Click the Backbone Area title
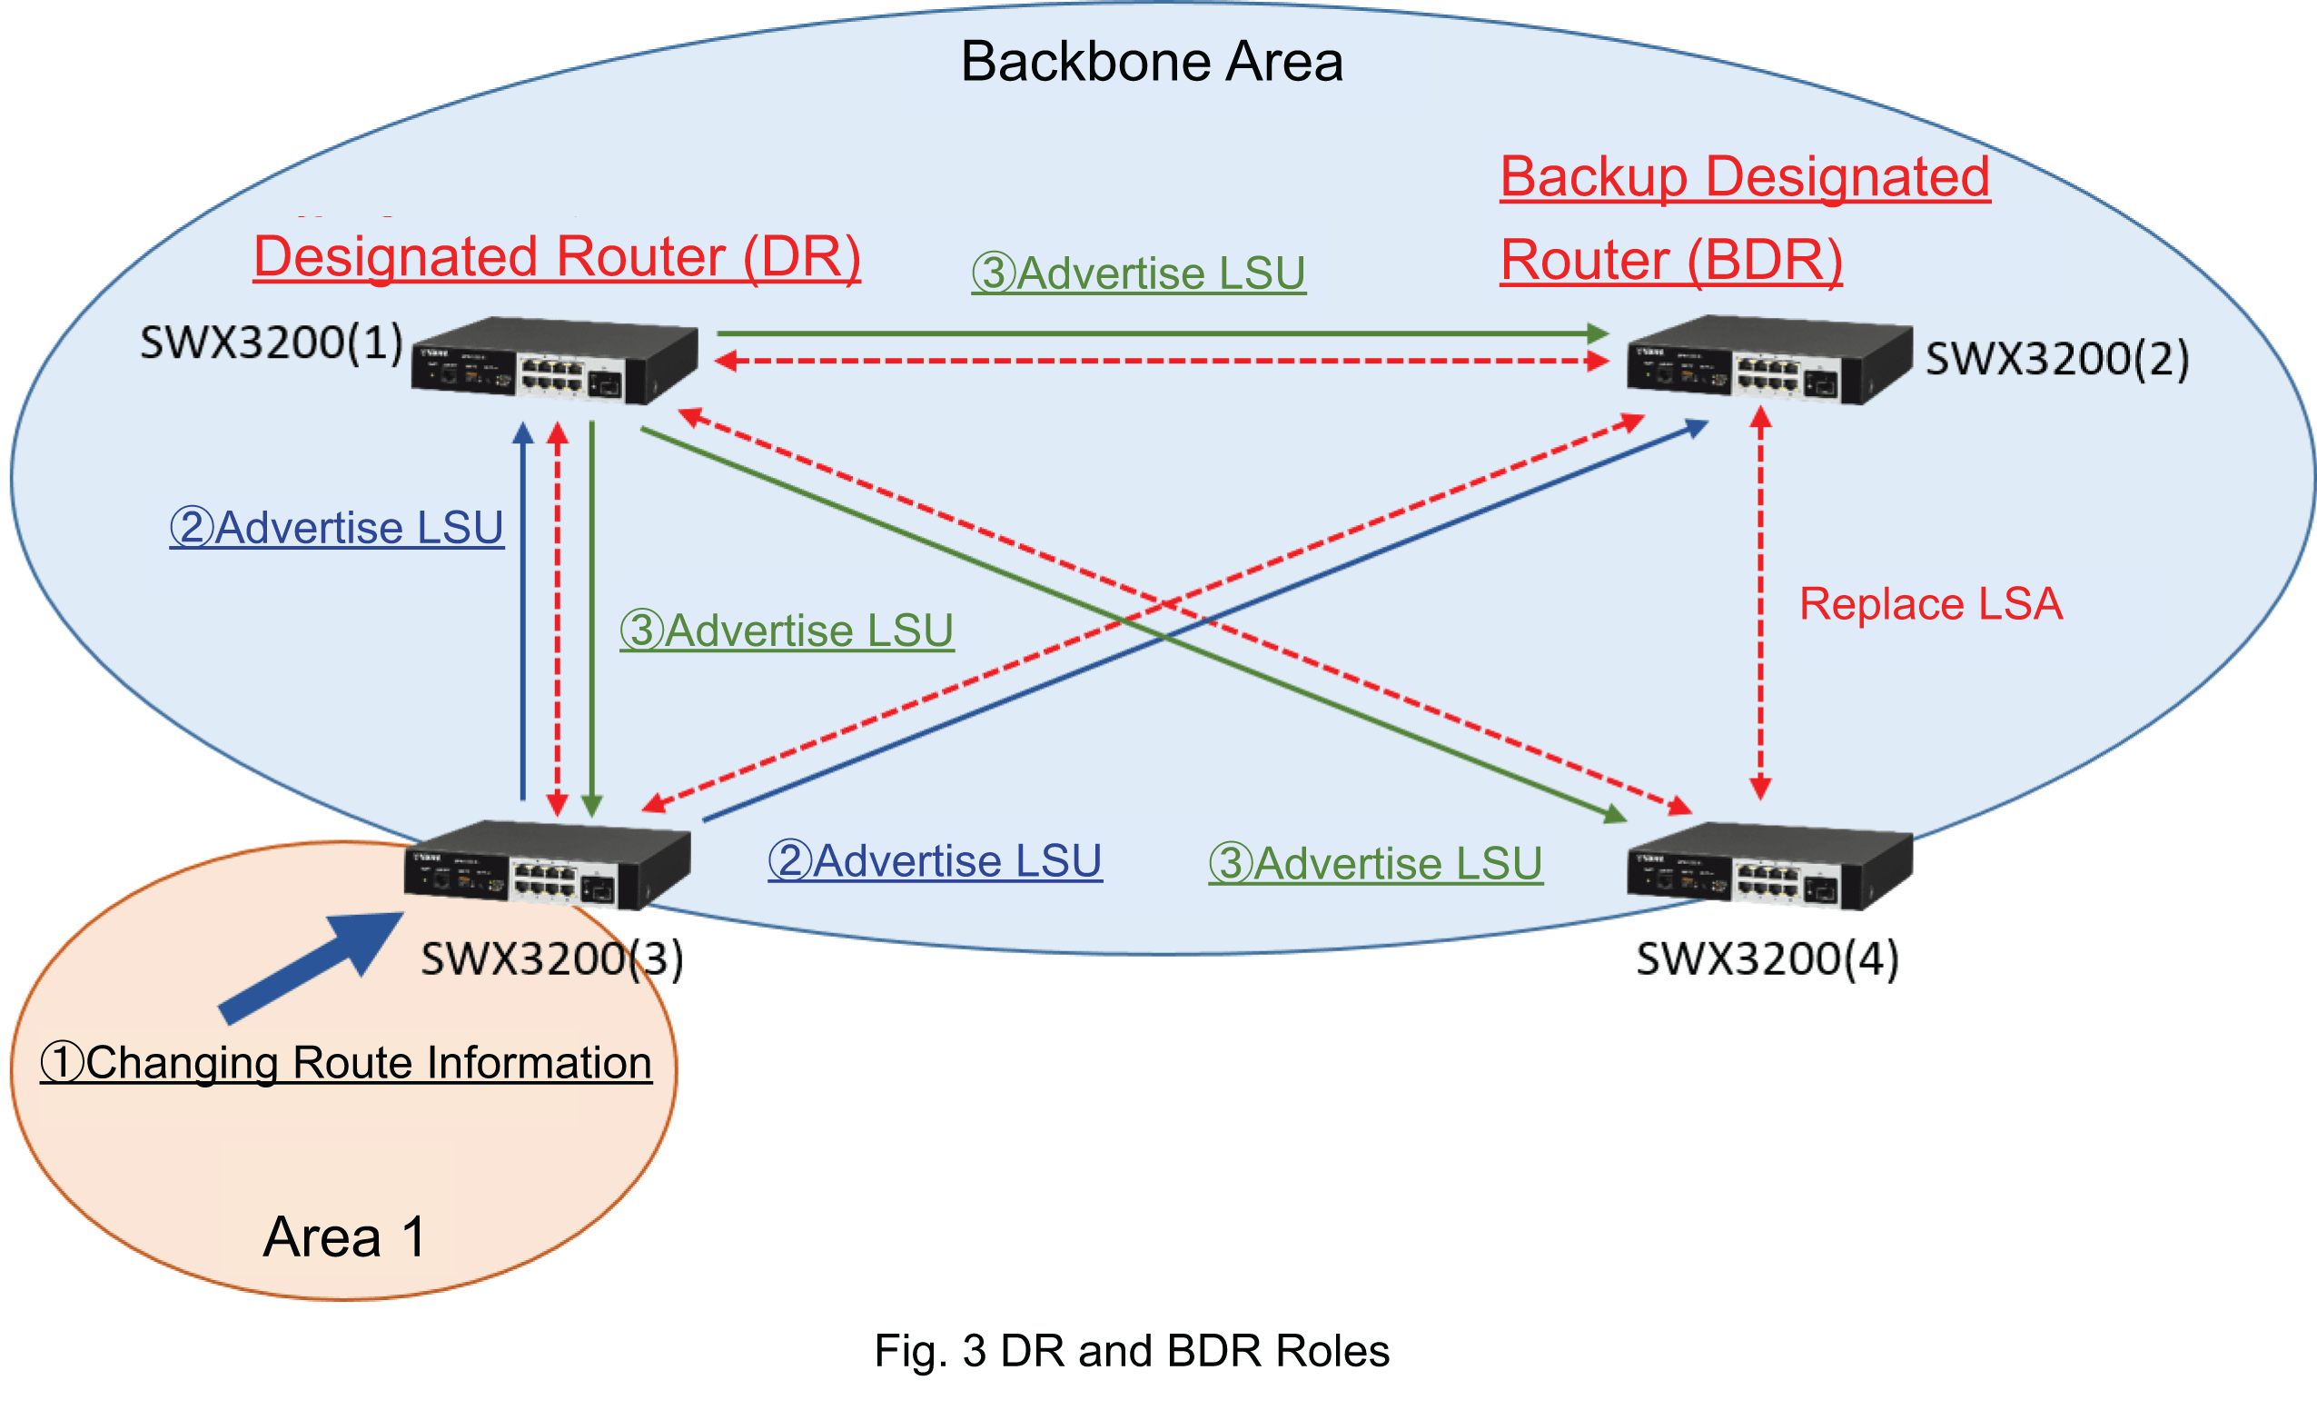tap(1151, 62)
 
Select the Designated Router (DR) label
tap(557, 257)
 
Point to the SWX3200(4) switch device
tap(1768, 866)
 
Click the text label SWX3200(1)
tap(271, 343)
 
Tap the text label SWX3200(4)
tap(1767, 959)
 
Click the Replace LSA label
tap(1930, 604)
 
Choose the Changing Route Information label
tap(346, 1063)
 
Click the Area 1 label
tap(344, 1236)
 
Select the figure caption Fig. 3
tap(1131, 1351)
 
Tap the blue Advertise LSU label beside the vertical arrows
tap(337, 528)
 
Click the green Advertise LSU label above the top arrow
tap(1138, 273)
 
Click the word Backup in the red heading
tap(1593, 177)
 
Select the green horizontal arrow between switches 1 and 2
tap(1162, 333)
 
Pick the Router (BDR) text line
tap(1670, 261)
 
